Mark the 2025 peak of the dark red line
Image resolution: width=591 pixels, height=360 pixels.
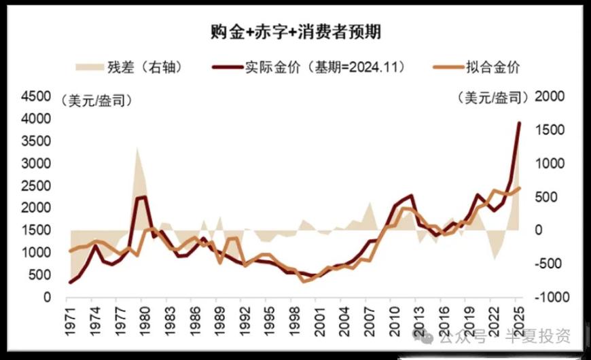519,123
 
